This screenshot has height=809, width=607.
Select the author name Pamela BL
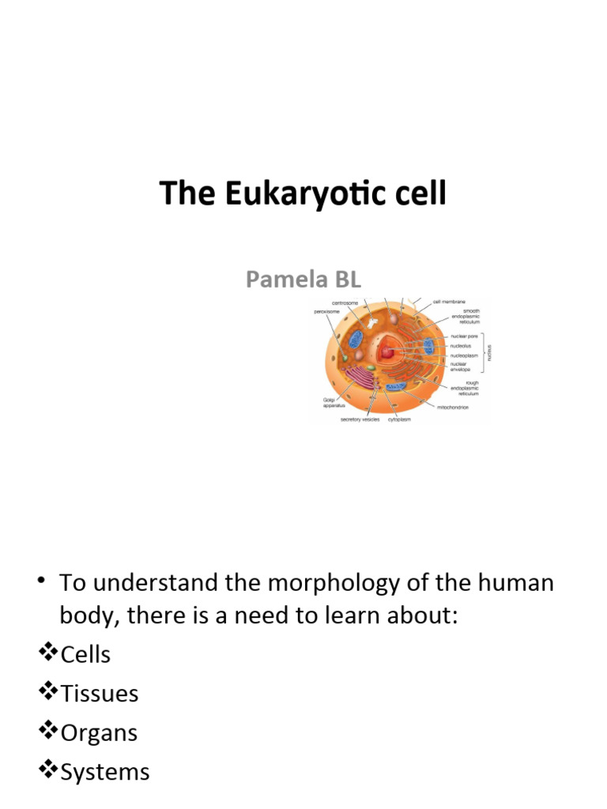303,279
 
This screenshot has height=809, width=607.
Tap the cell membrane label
449,301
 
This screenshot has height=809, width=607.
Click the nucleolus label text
454,346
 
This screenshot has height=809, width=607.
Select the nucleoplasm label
457,356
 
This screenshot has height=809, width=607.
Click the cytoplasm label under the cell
400,420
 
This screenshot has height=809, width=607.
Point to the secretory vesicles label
360,420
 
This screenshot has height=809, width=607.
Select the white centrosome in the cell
371,324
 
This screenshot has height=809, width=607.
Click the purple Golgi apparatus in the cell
365,378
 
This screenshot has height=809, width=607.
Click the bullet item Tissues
99,694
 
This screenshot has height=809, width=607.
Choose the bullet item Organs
99,732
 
